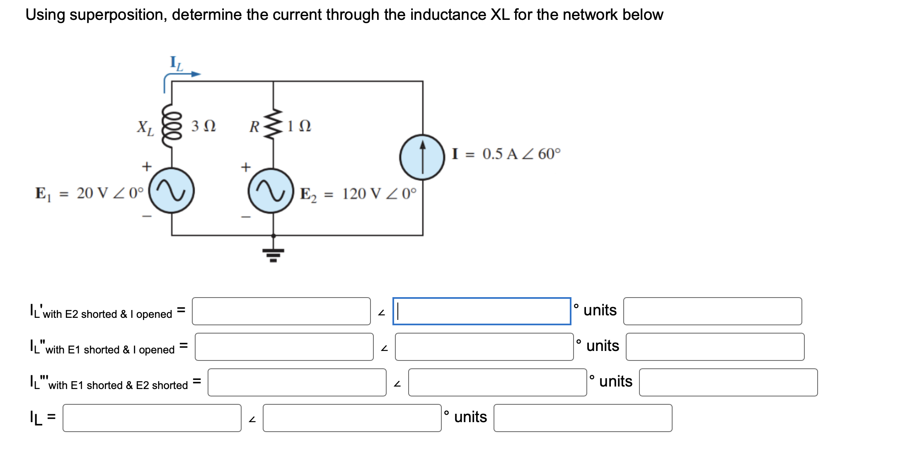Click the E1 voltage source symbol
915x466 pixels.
pyautogui.click(x=172, y=191)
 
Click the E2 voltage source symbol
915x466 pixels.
pyautogui.click(x=271, y=191)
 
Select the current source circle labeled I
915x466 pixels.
pyautogui.click(x=422, y=157)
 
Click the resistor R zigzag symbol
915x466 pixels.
pyautogui.click(x=273, y=125)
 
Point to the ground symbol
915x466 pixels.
pyautogui.click(x=273, y=253)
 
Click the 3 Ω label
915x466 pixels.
pyautogui.click(x=203, y=126)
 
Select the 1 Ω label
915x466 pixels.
pyautogui.click(x=299, y=126)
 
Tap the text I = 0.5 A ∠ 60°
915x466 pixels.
pyautogui.click(x=506, y=154)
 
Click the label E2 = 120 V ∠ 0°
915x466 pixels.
pyautogui.click(x=358, y=194)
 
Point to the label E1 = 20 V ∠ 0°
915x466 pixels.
pyautogui.click(x=90, y=193)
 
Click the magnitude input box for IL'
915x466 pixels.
pyautogui.click(x=281, y=311)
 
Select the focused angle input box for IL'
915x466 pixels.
pyautogui.click(x=482, y=311)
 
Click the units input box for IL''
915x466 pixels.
pyautogui.click(x=715, y=347)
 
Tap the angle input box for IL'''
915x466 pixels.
pyautogui.click(x=497, y=382)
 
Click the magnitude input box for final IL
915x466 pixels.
pyautogui.click(x=152, y=418)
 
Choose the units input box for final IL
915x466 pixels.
pyautogui.click(x=583, y=418)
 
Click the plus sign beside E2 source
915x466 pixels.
pyautogui.click(x=246, y=167)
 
